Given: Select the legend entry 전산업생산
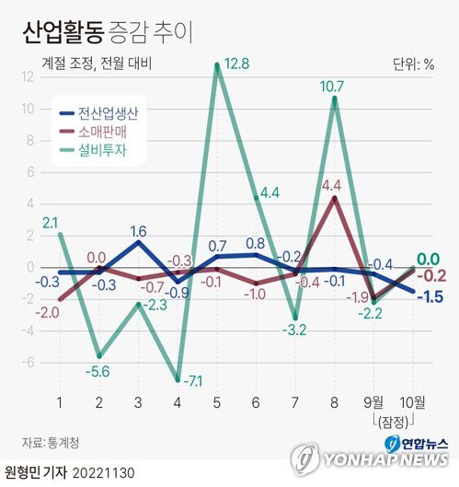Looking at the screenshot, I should tap(108, 115).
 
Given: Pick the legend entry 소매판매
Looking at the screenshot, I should tap(100, 134).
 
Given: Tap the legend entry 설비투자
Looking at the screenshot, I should tap(100, 154).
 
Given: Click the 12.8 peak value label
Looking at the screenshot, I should tap(237, 64).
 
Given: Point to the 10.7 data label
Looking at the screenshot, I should tap(333, 88).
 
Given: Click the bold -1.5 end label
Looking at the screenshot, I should tap(430, 296).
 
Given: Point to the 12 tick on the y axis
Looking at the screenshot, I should tap(29, 77).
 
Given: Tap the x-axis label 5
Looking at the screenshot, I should tap(217, 402).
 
